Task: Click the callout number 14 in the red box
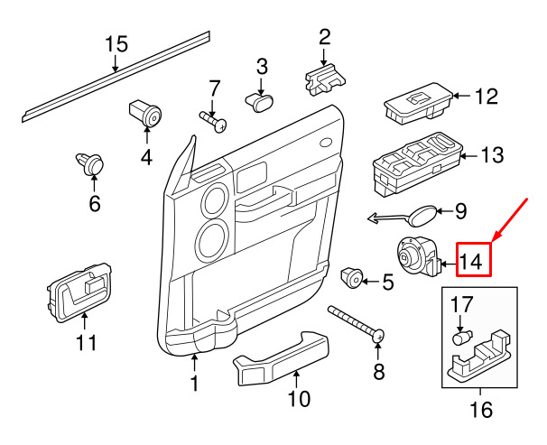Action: tap(471, 261)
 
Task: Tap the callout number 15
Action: tap(116, 44)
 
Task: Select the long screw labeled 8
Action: tap(357, 324)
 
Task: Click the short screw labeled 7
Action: tap(213, 121)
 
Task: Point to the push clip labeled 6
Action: tap(89, 163)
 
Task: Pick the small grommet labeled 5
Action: tap(352, 278)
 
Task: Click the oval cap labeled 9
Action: tap(422, 215)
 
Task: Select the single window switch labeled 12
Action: tap(418, 103)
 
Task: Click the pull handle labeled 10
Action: tap(282, 358)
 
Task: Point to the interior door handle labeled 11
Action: tap(79, 292)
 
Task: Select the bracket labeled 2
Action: tap(325, 79)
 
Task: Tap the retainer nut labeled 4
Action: tap(145, 113)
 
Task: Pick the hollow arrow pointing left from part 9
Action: tap(387, 218)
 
